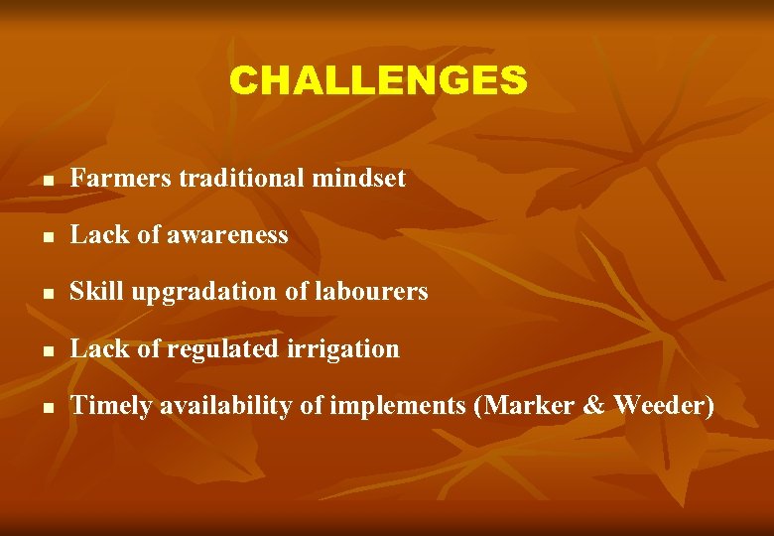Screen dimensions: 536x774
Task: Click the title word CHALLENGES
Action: [x=378, y=80]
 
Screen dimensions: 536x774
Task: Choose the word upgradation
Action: [x=195, y=293]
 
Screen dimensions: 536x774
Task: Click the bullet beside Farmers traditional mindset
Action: [x=48, y=182]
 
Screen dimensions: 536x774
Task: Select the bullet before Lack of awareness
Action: [x=48, y=238]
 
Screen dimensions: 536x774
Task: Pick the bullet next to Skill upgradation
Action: [x=48, y=295]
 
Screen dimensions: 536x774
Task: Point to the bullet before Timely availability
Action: [x=48, y=409]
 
